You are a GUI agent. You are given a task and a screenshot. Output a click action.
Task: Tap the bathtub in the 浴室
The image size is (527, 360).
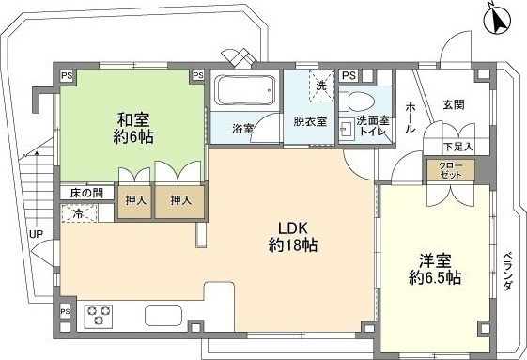(x=244, y=90)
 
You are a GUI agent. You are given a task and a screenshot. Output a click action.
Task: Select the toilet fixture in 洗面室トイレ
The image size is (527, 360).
(x=357, y=102)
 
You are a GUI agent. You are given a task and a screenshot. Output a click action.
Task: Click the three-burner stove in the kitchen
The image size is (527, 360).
(x=99, y=316)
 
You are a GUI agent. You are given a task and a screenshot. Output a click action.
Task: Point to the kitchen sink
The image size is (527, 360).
(x=163, y=316)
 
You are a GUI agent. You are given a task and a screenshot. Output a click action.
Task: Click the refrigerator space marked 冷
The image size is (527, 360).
(x=79, y=213)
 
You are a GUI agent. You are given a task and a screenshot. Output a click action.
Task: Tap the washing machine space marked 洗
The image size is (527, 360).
(x=321, y=86)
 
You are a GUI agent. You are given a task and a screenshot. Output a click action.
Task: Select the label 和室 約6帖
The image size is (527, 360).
(x=133, y=128)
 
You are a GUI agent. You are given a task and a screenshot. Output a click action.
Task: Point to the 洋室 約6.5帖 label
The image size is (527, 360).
(x=435, y=269)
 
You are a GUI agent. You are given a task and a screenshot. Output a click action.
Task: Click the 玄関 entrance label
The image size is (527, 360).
(x=454, y=105)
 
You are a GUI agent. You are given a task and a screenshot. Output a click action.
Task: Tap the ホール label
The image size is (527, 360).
(x=411, y=118)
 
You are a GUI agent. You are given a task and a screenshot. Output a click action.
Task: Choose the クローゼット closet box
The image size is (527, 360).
(x=451, y=170)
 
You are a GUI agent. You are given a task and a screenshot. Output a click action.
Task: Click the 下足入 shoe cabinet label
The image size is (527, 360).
(x=458, y=147)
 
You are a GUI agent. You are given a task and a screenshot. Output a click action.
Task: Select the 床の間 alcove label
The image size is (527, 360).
(x=86, y=193)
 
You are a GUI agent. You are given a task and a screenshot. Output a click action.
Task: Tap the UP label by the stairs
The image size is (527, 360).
(x=36, y=234)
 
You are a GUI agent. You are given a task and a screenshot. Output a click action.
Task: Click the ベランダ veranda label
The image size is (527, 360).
(x=508, y=272)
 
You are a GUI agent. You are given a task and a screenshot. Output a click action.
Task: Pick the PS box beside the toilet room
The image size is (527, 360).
(x=349, y=76)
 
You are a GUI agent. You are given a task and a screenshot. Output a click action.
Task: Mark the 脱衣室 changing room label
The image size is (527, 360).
(x=310, y=121)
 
